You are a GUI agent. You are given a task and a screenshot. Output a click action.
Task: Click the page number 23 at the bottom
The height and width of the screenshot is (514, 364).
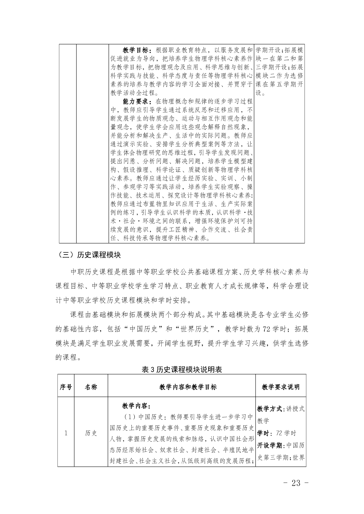(296, 483)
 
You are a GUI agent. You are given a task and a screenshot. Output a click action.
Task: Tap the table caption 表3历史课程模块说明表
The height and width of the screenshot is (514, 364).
(182, 370)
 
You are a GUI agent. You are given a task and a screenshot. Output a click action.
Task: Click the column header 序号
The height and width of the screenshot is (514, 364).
(66, 387)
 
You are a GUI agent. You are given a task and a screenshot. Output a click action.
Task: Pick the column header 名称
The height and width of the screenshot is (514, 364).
(91, 387)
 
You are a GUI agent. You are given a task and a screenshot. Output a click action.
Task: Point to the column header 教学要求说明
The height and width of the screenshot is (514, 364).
(281, 387)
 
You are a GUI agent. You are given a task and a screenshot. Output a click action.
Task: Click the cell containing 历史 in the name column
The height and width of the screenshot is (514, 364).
(91, 433)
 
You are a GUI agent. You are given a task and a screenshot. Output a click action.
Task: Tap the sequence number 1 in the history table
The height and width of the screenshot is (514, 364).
(66, 433)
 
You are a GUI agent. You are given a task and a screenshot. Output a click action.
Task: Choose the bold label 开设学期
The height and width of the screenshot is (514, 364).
(270, 445)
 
